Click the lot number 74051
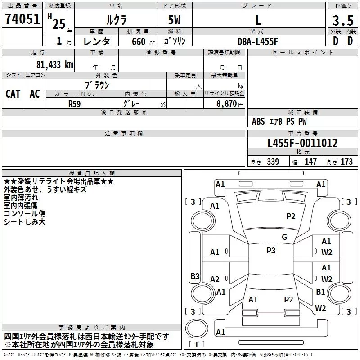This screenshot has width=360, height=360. [22, 19]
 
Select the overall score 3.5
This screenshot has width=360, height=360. [342, 20]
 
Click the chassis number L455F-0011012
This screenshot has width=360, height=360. [302, 143]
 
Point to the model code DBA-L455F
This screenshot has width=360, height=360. [258, 41]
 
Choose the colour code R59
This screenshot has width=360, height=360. [75, 103]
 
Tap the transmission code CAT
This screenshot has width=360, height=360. [13, 94]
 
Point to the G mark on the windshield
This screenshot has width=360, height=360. [284, 237]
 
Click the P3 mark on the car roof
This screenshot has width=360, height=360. [271, 251]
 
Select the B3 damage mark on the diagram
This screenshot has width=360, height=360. [195, 276]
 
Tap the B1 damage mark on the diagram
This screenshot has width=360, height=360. [320, 292]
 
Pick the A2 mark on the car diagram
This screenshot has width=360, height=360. [215, 279]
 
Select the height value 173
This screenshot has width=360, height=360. [346, 162]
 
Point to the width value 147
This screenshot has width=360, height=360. [310, 162]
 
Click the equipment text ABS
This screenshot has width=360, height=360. [258, 121]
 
